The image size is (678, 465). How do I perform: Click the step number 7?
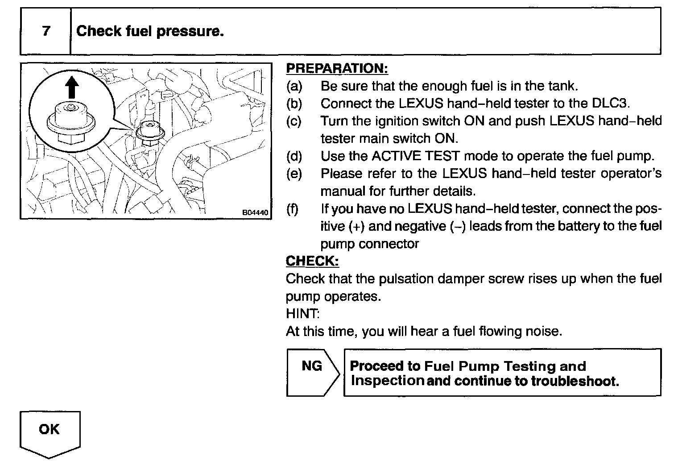(46, 31)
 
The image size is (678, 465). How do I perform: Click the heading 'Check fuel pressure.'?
(150, 31)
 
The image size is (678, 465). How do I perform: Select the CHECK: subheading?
(312, 261)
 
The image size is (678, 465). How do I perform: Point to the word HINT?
(302, 314)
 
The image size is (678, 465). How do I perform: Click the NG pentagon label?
(312, 366)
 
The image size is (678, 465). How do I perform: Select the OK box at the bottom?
(49, 429)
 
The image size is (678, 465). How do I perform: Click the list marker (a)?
(294, 86)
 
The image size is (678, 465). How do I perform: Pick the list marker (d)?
(294, 156)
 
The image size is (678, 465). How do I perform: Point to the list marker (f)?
(293, 209)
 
